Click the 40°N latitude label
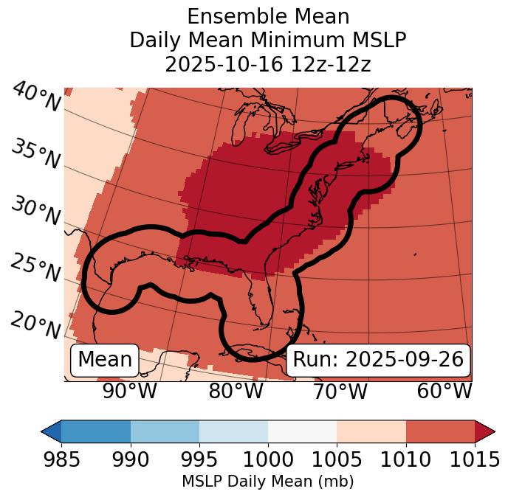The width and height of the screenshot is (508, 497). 35,97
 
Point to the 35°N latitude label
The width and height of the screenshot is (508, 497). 35,153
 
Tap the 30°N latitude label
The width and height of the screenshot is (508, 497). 35,211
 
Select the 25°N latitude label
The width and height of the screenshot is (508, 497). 35,268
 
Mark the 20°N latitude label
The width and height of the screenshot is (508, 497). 35,324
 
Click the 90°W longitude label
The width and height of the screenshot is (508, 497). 129,391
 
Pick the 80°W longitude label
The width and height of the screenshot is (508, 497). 236,391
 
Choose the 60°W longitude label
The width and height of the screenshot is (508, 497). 444,391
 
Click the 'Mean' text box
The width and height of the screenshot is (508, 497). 105,360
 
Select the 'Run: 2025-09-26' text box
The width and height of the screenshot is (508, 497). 378,360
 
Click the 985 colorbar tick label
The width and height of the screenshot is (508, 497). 61,460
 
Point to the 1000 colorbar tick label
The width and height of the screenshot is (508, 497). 268,460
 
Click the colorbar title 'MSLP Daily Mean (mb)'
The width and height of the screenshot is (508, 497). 268,482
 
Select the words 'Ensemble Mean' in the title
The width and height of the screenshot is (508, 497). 268,16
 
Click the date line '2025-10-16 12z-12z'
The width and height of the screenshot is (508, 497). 268,64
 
